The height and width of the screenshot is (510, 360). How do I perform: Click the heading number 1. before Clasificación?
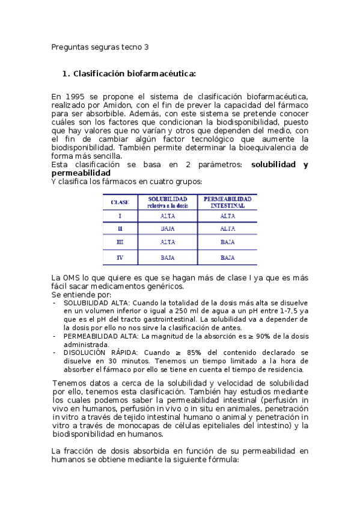[x=66, y=74]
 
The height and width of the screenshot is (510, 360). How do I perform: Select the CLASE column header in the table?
[x=120, y=203]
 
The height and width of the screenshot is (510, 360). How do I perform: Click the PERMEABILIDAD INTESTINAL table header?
[x=227, y=202]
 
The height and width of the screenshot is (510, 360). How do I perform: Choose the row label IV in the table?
[x=120, y=257]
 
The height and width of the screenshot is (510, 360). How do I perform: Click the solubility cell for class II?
[x=168, y=229]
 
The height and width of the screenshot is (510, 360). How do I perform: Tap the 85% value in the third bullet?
[x=186, y=352]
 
